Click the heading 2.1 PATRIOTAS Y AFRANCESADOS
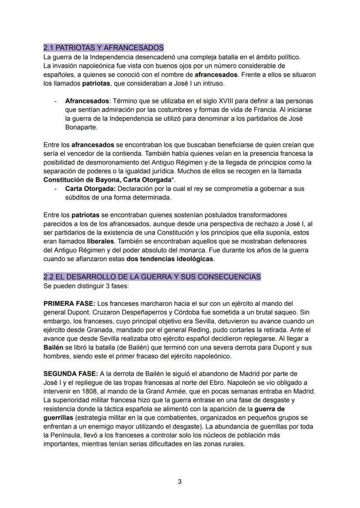point(103,47)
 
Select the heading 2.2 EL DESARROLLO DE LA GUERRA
point(152,276)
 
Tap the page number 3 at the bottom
point(180,481)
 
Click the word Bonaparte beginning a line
point(81,128)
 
